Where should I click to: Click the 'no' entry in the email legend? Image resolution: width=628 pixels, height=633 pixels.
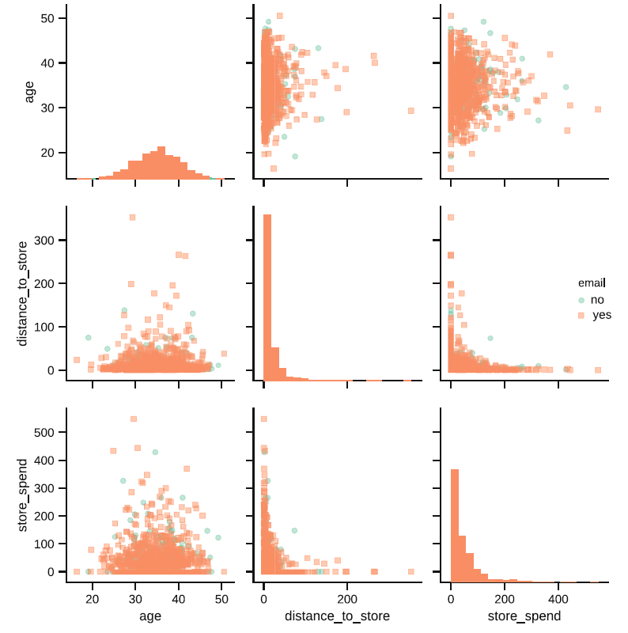click(596, 300)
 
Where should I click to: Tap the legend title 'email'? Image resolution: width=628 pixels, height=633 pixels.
click(591, 282)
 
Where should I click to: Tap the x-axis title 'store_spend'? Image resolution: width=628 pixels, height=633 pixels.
click(524, 615)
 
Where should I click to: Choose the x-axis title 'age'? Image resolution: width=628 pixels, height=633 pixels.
click(150, 615)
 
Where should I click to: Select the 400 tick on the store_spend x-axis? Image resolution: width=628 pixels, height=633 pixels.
click(558, 599)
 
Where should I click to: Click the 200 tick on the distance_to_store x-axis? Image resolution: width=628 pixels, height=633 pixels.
click(347, 599)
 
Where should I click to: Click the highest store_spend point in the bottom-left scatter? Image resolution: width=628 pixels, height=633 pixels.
click(134, 419)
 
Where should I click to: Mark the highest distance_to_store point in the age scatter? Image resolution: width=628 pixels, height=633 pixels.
click(132, 217)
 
